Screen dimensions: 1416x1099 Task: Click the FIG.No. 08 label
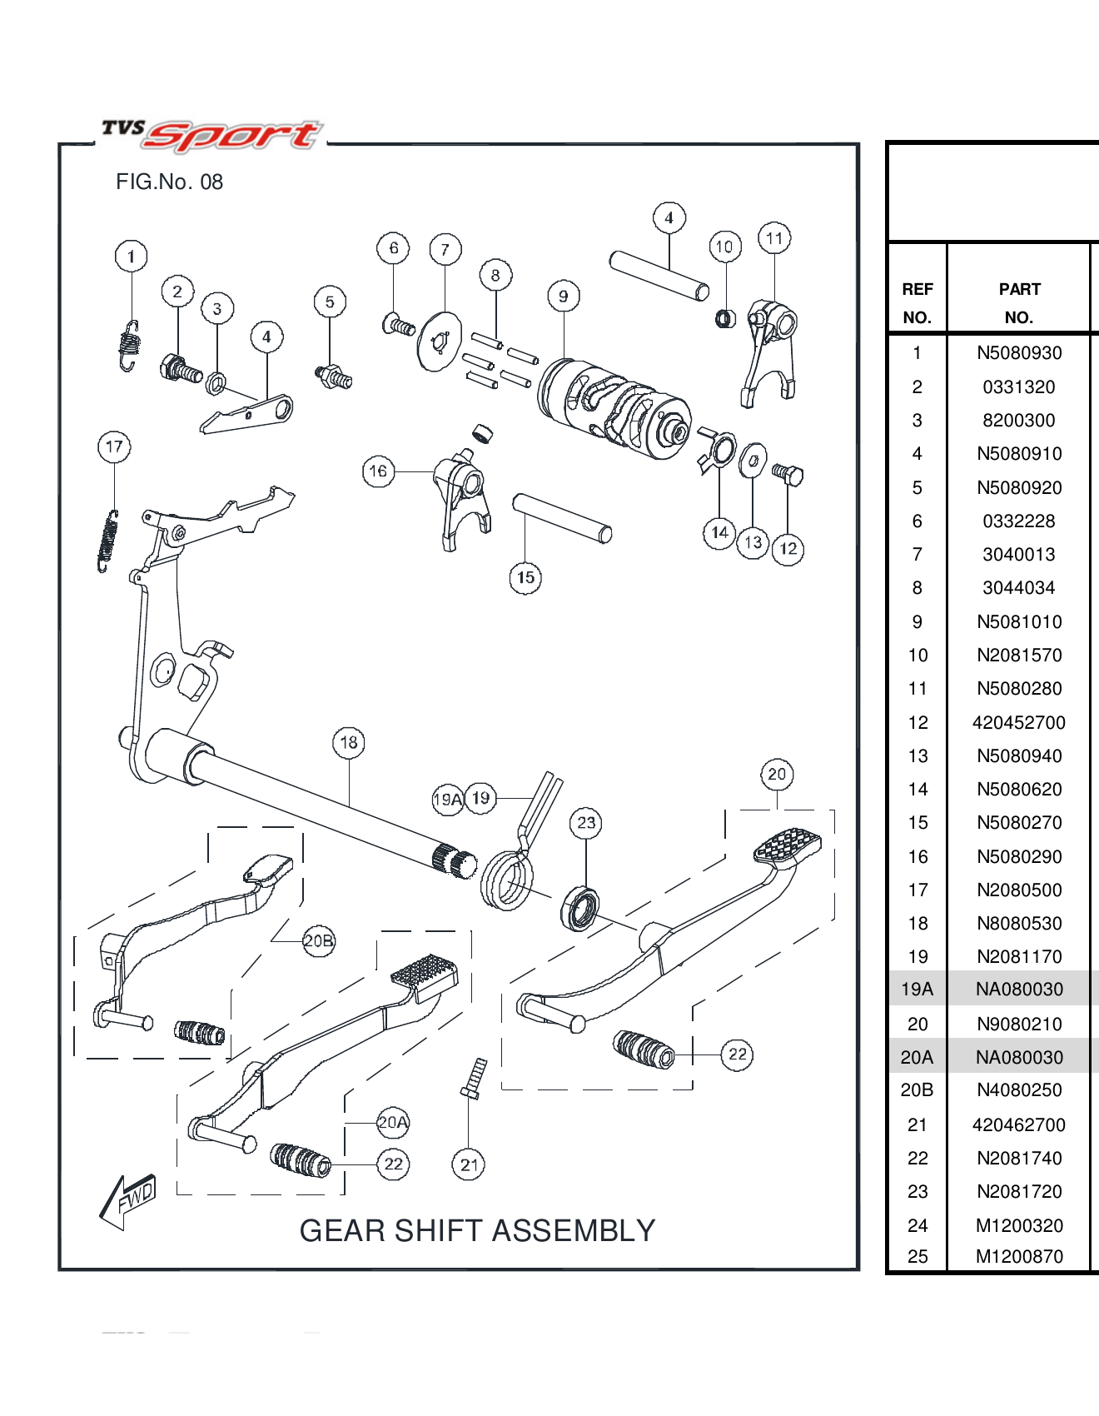(x=169, y=182)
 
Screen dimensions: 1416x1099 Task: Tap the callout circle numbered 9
(x=564, y=296)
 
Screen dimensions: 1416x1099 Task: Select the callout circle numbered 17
(x=114, y=446)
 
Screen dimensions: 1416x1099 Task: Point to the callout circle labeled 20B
(x=318, y=941)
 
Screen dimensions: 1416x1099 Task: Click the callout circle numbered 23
(x=586, y=823)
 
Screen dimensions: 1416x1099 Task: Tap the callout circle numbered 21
(x=469, y=1164)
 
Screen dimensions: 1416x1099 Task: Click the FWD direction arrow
(x=127, y=1201)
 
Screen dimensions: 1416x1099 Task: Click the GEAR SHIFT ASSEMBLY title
(x=477, y=1230)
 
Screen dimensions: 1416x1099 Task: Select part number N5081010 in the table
(x=1019, y=622)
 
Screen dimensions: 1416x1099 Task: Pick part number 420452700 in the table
(x=1019, y=723)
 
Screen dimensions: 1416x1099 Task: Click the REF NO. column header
(x=917, y=303)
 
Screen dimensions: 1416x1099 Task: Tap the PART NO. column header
(x=1019, y=303)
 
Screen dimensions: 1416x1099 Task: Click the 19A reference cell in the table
(x=917, y=990)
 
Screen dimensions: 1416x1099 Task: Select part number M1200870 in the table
(x=1019, y=1257)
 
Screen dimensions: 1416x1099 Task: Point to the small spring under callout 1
(x=129, y=346)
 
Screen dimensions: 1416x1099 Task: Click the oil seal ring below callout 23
(x=580, y=910)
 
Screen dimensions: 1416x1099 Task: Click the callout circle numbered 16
(x=378, y=471)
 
